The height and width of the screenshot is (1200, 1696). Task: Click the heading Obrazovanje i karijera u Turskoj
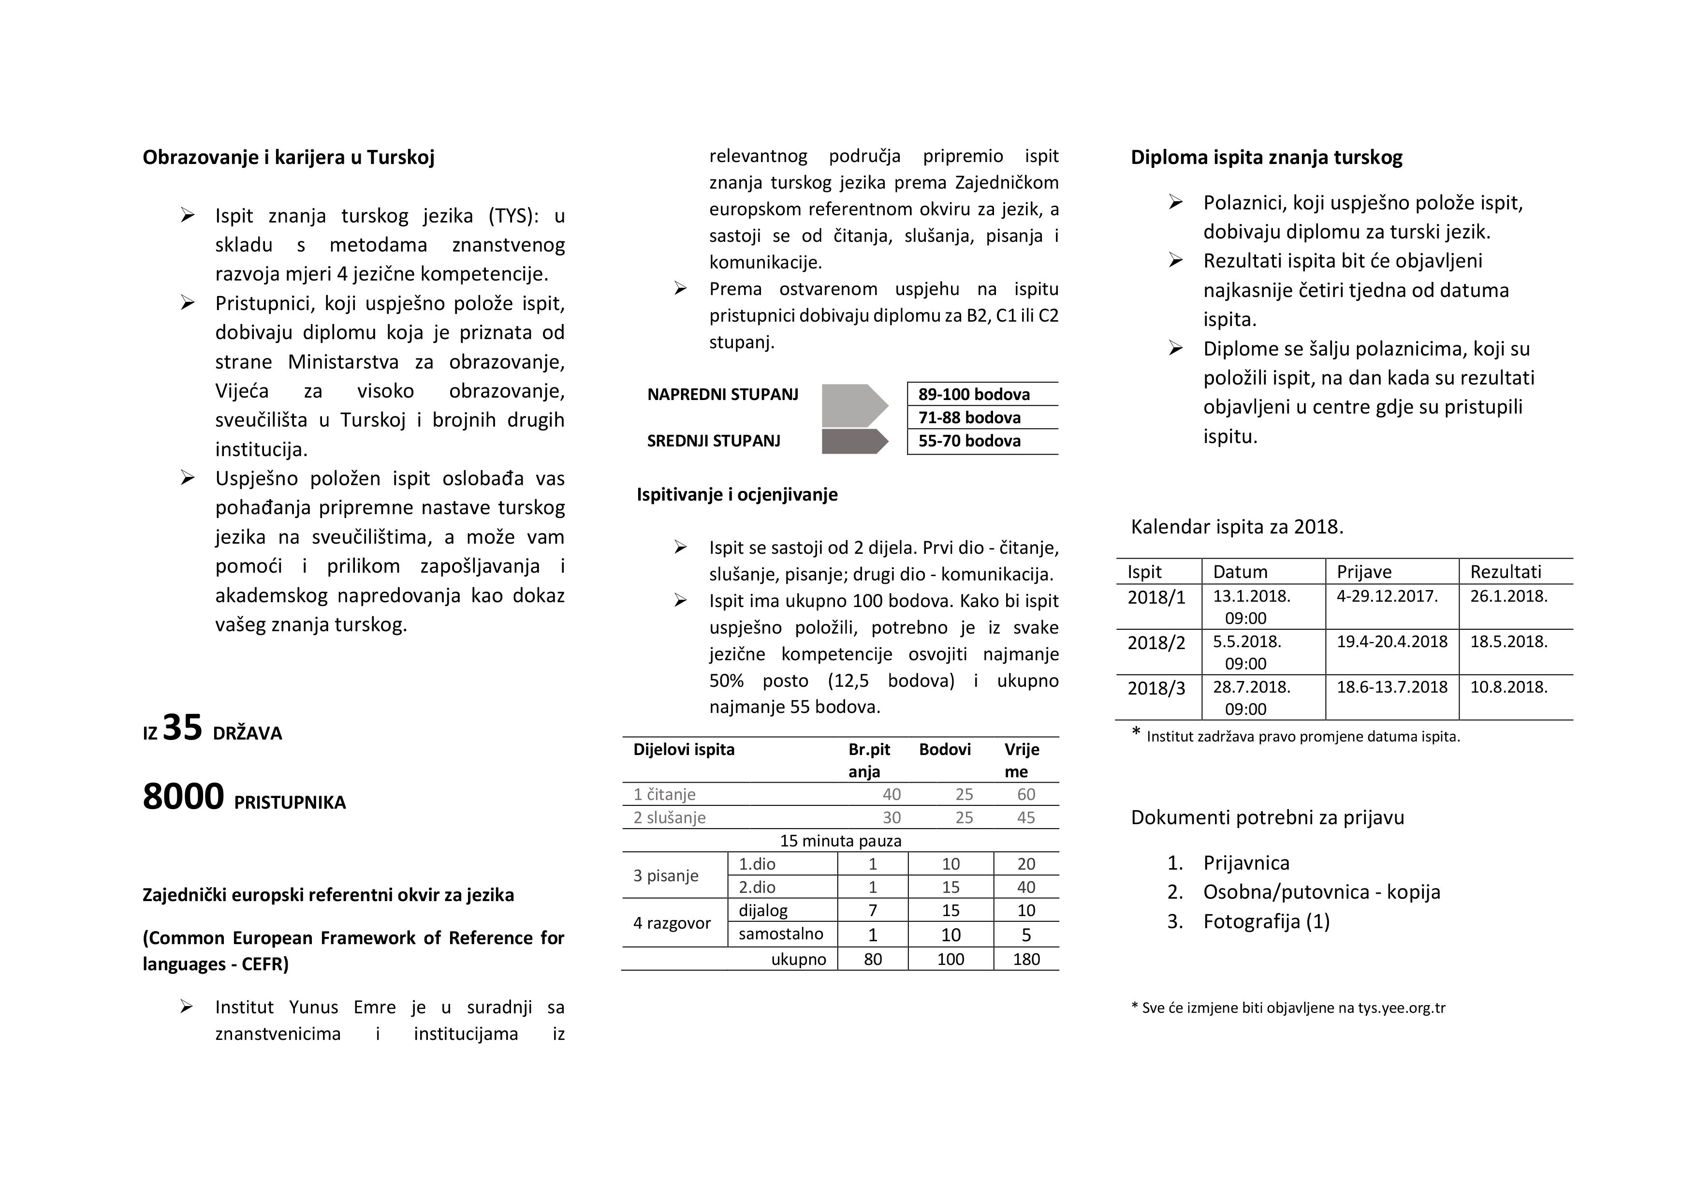(288, 157)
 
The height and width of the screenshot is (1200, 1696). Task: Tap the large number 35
(182, 728)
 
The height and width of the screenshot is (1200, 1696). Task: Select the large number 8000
(183, 797)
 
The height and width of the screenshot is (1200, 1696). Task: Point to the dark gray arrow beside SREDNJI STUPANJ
(854, 441)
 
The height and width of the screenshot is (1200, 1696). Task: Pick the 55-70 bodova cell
(969, 441)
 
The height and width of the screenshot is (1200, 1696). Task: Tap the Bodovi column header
(944, 749)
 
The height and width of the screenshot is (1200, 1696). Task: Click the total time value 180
(1026, 959)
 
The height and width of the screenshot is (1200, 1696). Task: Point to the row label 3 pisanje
(666, 875)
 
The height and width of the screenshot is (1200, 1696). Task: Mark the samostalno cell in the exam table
(781, 934)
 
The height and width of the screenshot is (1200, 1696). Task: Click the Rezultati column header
(1506, 572)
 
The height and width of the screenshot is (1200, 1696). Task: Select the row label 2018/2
(1156, 643)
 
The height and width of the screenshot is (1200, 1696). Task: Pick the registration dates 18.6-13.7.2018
(1392, 687)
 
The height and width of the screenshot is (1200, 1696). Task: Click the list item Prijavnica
(1246, 863)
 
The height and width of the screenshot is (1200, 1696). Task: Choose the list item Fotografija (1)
(1266, 921)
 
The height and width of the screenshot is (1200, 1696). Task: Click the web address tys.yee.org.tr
(1401, 1008)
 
